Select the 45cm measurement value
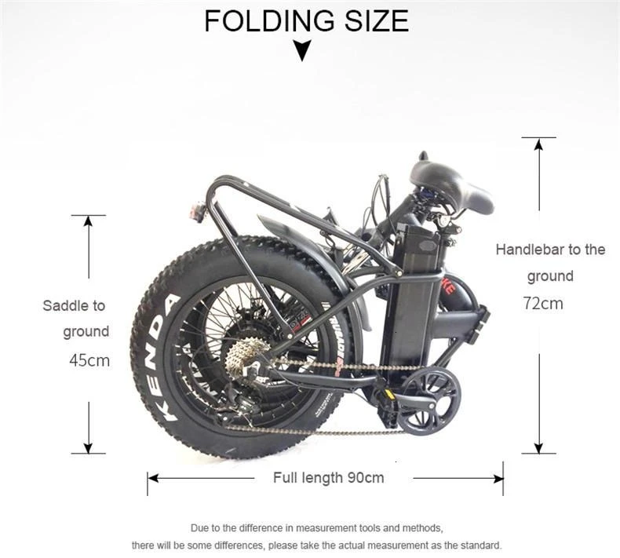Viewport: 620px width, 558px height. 89,360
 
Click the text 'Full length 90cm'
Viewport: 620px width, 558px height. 328,477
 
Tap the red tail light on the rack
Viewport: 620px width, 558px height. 195,210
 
